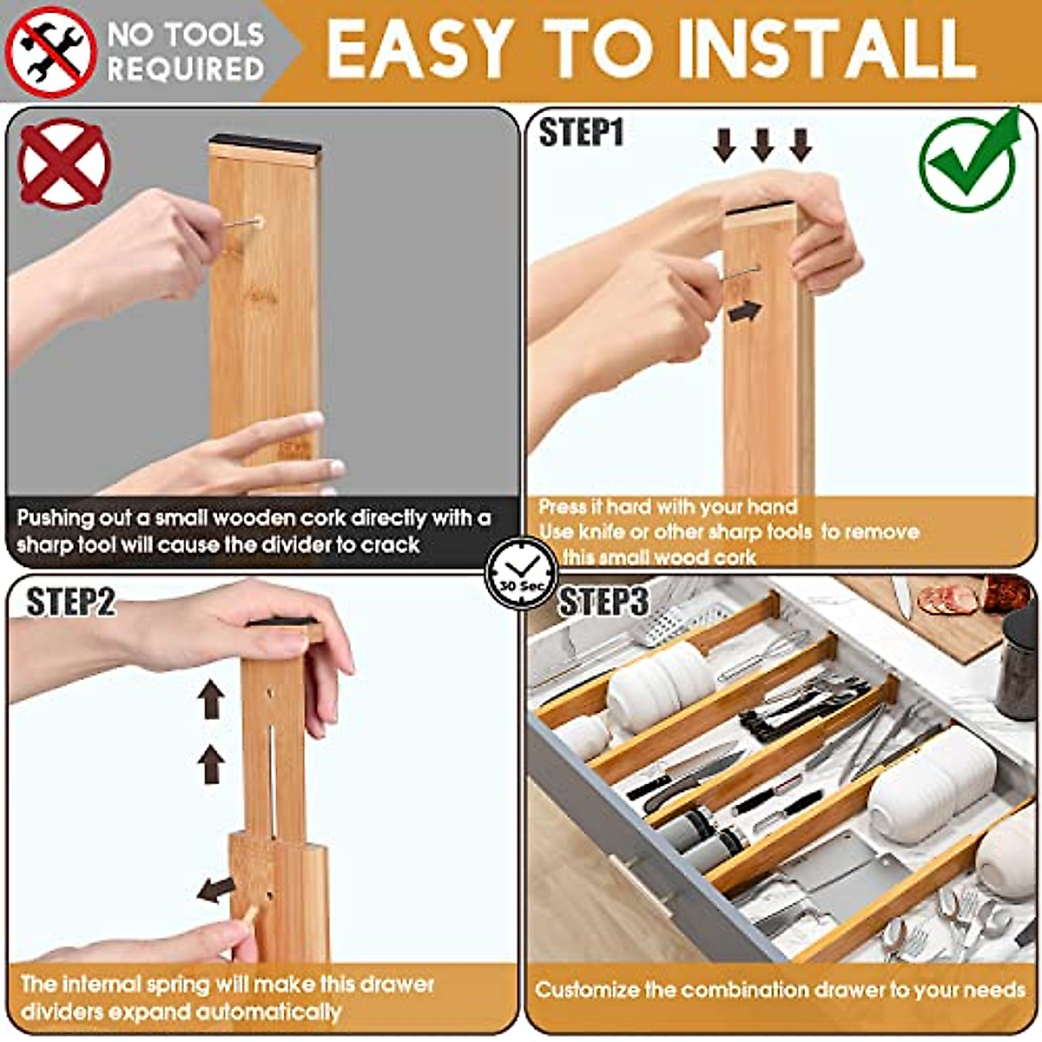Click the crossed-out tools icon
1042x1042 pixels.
(x=49, y=51)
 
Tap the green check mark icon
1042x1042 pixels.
(x=970, y=161)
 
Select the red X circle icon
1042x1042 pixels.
(x=64, y=164)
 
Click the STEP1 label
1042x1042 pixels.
(x=581, y=134)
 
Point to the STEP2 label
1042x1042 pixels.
(x=70, y=602)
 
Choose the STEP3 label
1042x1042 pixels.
(x=603, y=602)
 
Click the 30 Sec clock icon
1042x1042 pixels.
(x=522, y=574)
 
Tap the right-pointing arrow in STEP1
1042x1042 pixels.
(x=744, y=312)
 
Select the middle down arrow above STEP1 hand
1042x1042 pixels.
(x=762, y=144)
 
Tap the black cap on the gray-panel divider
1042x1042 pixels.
(x=265, y=142)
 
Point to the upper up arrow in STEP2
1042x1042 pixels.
(x=211, y=700)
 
